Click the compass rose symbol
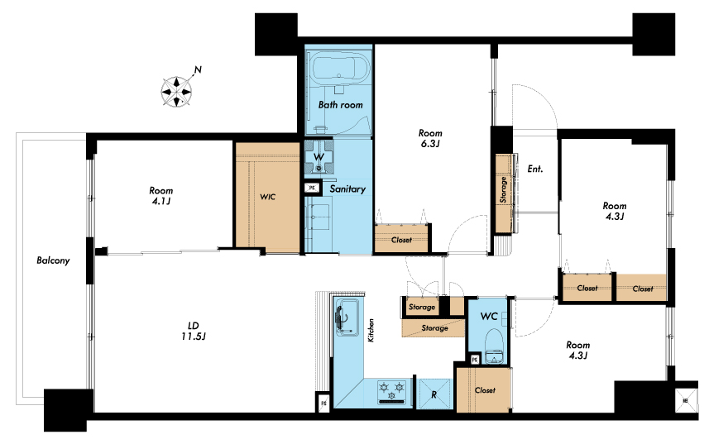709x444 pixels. [176, 92]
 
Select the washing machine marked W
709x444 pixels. [319, 157]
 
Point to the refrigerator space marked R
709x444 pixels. [434, 394]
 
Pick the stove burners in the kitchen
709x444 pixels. [391, 391]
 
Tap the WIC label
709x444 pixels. [267, 197]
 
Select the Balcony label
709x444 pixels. [53, 260]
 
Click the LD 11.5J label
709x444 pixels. [194, 331]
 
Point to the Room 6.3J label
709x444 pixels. [430, 138]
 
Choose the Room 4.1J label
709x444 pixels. [161, 196]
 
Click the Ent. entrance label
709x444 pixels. [535, 169]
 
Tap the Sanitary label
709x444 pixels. [347, 189]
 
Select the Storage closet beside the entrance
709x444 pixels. [504, 193]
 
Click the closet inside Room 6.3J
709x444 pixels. [401, 238]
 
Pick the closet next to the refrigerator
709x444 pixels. [484, 390]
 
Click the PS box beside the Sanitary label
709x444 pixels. [312, 188]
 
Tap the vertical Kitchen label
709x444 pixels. [371, 330]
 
